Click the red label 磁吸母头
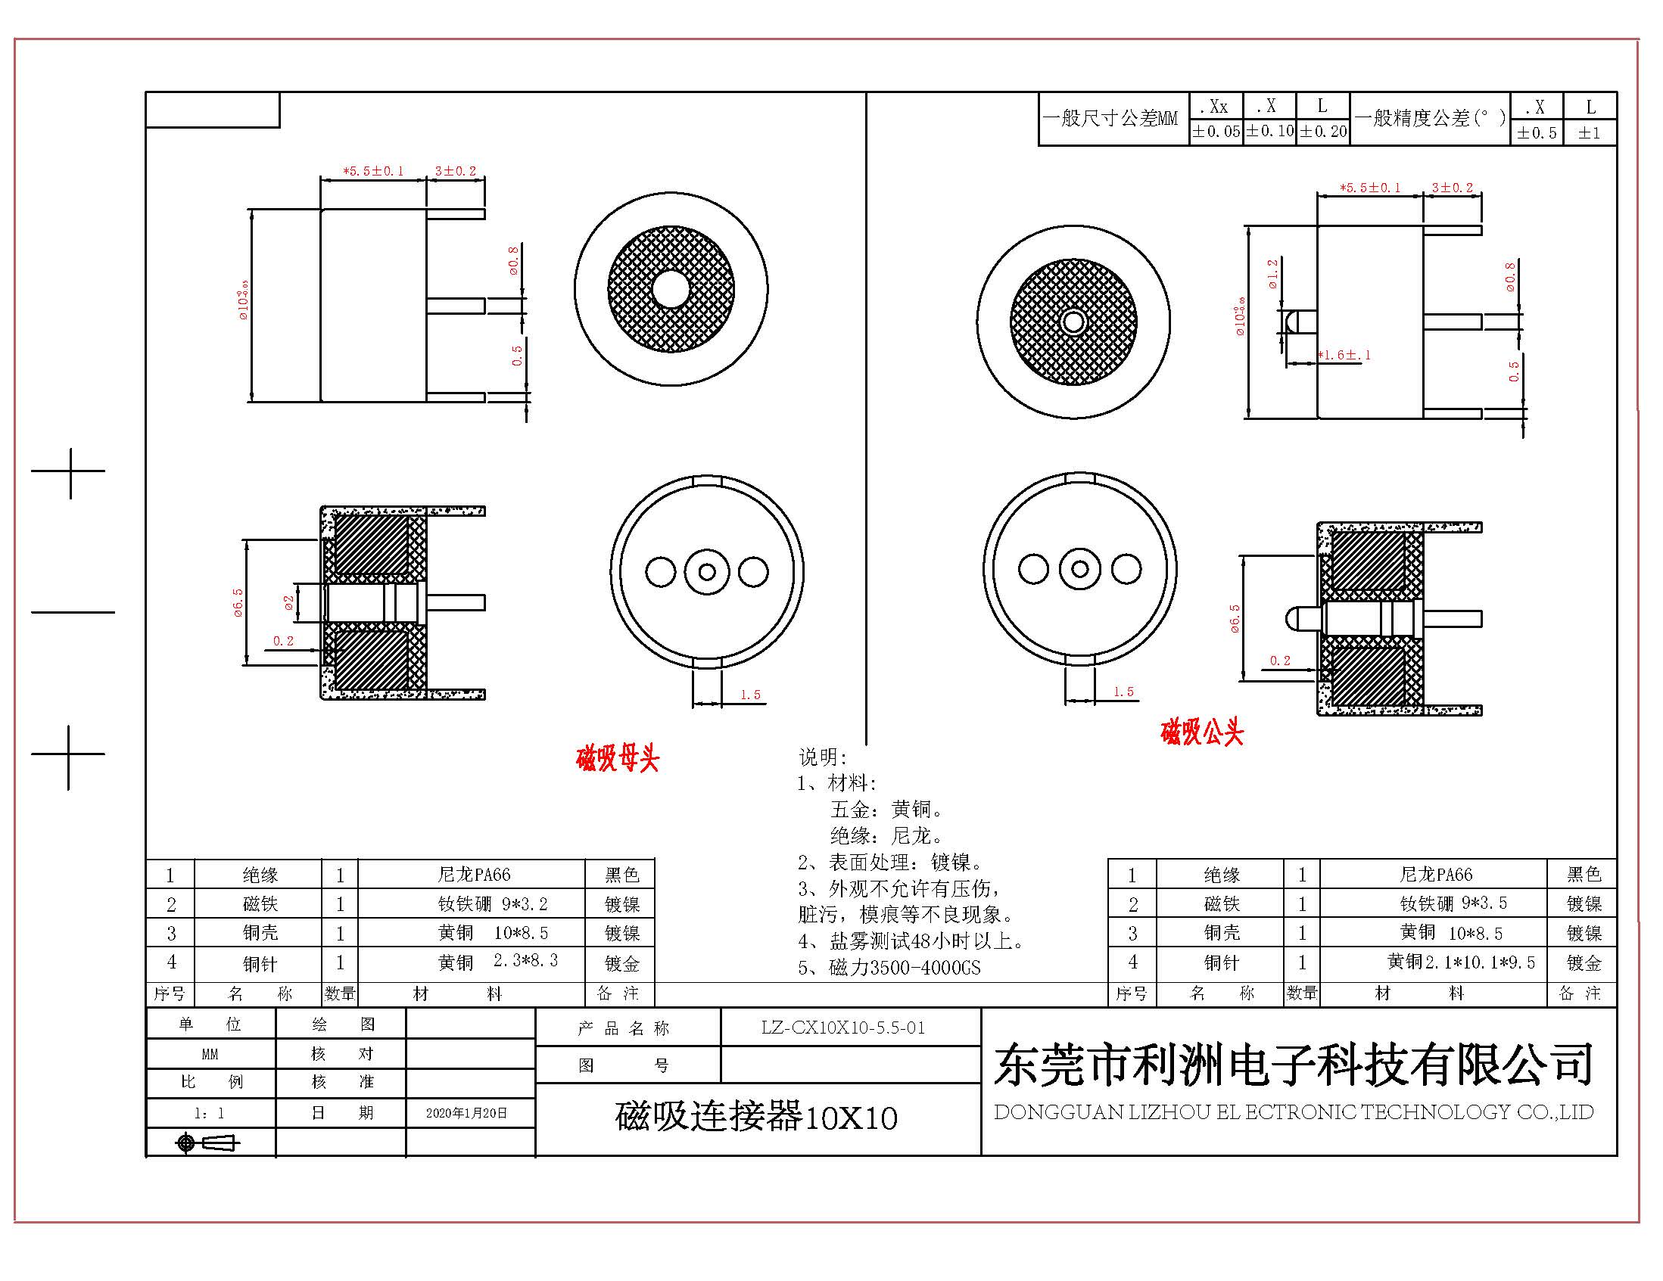[x=618, y=759]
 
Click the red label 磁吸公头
[x=1202, y=732]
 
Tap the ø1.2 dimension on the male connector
[x=1272, y=274]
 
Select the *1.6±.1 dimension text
[x=1344, y=355]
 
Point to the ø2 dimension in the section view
[x=288, y=603]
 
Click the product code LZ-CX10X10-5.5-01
[x=843, y=1028]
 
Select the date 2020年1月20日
[x=467, y=1113]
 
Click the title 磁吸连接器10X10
[x=756, y=1118]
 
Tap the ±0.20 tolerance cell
[x=1322, y=132]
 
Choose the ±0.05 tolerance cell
[x=1216, y=132]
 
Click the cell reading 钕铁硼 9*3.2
[x=492, y=904]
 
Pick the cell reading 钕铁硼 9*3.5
[x=1453, y=903]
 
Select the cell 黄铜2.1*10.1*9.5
[x=1460, y=962]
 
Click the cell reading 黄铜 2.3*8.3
[x=498, y=962]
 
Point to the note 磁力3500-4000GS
[x=889, y=969]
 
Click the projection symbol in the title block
[x=207, y=1143]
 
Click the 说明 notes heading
[x=822, y=757]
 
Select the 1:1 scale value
[x=210, y=1113]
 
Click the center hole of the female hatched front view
[x=671, y=289]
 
